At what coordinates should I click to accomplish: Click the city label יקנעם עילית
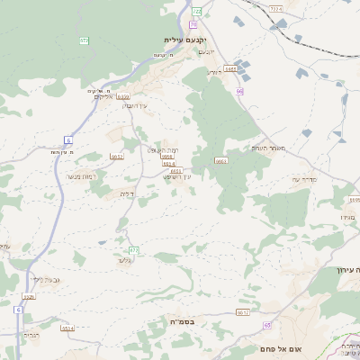point(186,40)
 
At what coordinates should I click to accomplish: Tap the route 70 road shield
point(193,24)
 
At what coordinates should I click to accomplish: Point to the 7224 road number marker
point(274,8)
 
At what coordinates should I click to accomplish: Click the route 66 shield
point(239,91)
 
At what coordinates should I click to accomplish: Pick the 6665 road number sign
point(231,67)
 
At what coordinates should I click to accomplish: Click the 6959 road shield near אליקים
point(123,96)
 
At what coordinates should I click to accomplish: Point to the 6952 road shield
point(117,156)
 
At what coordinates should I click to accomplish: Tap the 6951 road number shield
point(175,170)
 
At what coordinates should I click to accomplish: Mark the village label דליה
point(127,193)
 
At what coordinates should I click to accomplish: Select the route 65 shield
point(266,325)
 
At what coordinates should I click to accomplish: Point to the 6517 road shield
point(243,312)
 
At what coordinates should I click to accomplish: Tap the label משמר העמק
point(268,148)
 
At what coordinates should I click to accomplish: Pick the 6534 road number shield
point(67,328)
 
